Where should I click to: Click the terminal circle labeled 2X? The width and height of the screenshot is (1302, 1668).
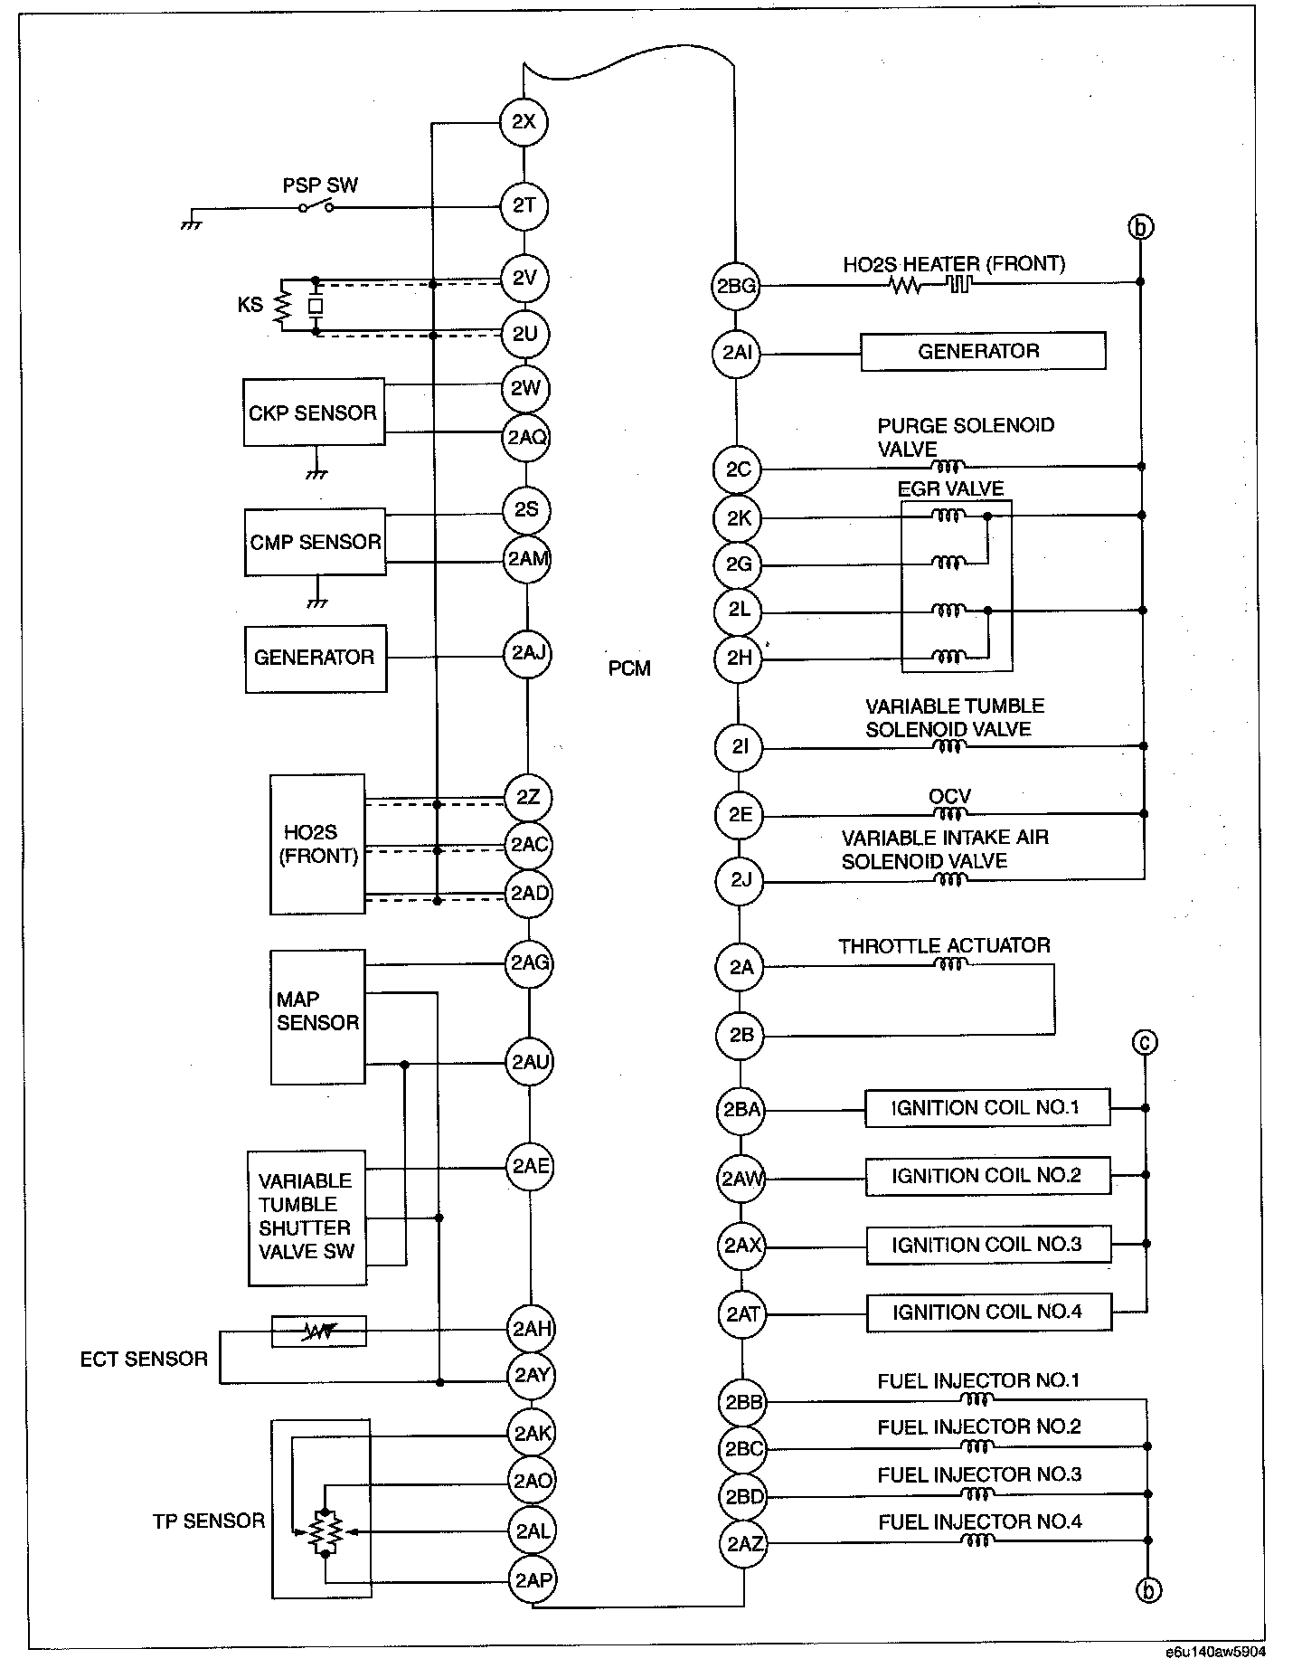pos(524,121)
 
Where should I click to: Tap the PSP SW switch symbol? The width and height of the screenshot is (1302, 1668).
pos(316,207)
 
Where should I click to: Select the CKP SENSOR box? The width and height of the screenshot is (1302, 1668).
pos(314,412)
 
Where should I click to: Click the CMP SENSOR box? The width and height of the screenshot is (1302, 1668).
pos(315,542)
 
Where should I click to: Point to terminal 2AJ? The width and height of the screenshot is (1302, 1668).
pos(527,653)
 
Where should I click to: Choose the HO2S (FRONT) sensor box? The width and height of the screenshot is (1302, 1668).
pos(317,844)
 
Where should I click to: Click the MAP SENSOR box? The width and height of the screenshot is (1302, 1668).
pos(317,1016)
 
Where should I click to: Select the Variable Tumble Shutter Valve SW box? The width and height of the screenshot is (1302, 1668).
pos(307,1218)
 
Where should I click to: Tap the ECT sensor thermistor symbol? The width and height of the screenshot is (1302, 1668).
pos(318,1331)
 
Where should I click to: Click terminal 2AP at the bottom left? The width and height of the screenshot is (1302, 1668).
pos(533,1580)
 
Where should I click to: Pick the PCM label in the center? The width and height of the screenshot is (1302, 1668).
pos(629,668)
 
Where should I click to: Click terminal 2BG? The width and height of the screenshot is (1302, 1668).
pos(736,286)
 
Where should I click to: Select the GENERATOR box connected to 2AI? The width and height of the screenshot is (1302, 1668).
pos(982,351)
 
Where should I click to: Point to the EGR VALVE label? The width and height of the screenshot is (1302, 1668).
pos(950,489)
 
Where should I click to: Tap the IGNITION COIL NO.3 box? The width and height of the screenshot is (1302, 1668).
pos(987,1245)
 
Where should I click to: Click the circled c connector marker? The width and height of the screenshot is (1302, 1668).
pos(1145,1043)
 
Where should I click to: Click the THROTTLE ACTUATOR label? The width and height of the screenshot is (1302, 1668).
pos(944,946)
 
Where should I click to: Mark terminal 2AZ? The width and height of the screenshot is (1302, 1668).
pos(743,1543)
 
